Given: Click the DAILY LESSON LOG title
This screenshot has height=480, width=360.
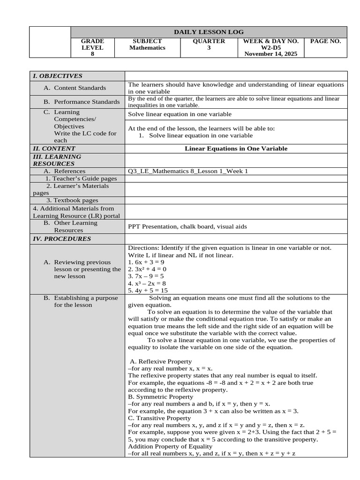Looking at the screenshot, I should tap(209, 32).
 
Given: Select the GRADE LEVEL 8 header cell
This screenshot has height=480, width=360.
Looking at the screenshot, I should tap(92, 47).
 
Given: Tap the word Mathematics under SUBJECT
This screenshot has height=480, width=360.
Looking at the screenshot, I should tap(147, 48).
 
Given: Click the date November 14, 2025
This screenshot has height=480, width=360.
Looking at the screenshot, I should tap(271, 54).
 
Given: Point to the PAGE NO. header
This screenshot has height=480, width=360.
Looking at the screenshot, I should tap(326, 41).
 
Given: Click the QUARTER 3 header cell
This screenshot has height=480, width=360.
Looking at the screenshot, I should tap(209, 45).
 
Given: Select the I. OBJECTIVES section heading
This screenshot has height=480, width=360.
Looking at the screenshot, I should tap(57, 76).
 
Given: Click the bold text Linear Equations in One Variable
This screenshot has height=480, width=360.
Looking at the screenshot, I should tap(236, 149).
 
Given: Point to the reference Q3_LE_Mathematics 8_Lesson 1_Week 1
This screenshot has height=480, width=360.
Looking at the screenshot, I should tap(188, 171).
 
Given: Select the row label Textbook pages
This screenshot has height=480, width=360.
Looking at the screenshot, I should tap(72, 200).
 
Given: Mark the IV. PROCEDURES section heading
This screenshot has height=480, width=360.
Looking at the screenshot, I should tap(61, 239).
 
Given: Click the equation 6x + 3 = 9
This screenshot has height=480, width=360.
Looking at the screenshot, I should tap(146, 262).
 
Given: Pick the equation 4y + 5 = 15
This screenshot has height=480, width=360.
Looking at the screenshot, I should tap(148, 291).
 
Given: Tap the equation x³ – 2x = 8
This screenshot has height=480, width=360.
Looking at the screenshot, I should tap(147, 284).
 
